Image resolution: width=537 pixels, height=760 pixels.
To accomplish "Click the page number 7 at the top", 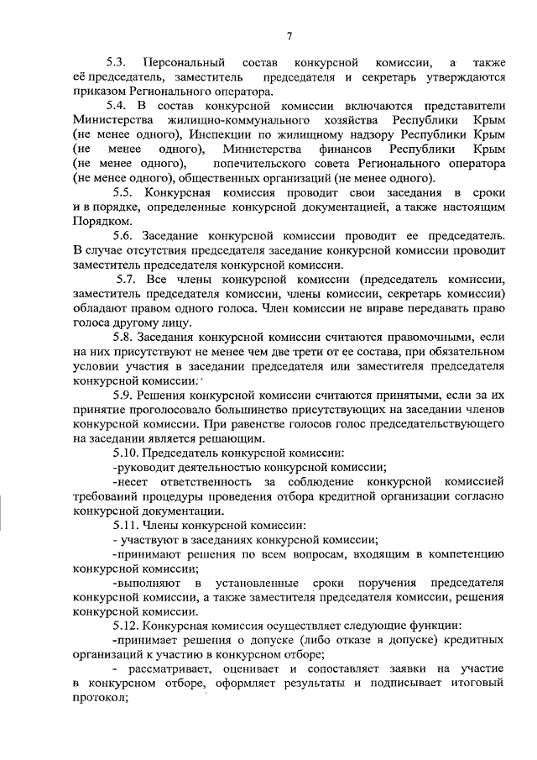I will tap(289, 35).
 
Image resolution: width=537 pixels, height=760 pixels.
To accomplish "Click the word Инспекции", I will tap(222, 134).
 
